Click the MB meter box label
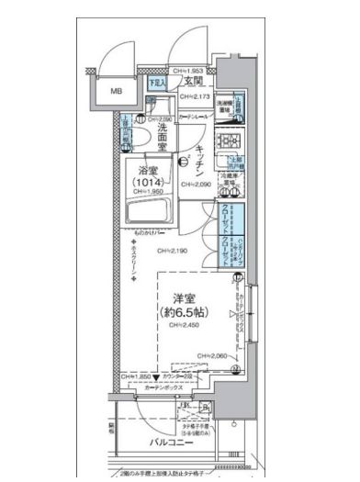pyautogui.click(x=116, y=92)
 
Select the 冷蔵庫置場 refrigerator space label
pyautogui.click(x=230, y=180)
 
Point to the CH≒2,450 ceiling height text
pyautogui.click(x=186, y=328)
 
